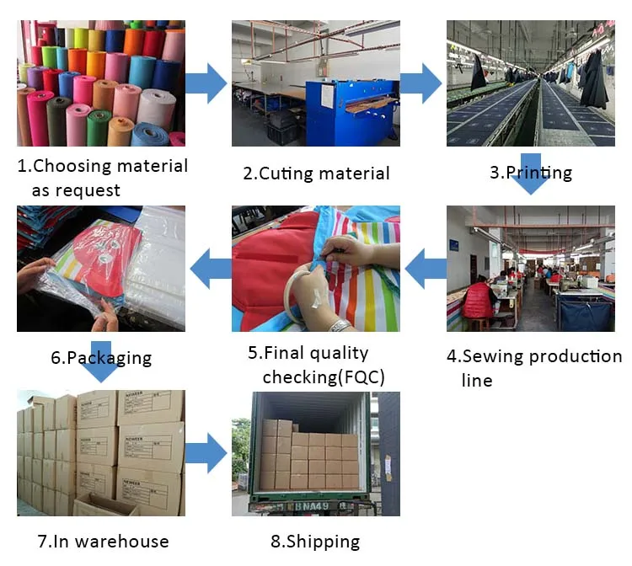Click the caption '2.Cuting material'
(316, 174)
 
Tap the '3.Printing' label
(531, 173)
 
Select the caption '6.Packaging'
(101, 357)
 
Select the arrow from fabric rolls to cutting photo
(206, 83)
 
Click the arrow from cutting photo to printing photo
(420, 83)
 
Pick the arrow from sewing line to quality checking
(426, 268)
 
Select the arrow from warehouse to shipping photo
(206, 455)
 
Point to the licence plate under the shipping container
(313, 507)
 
